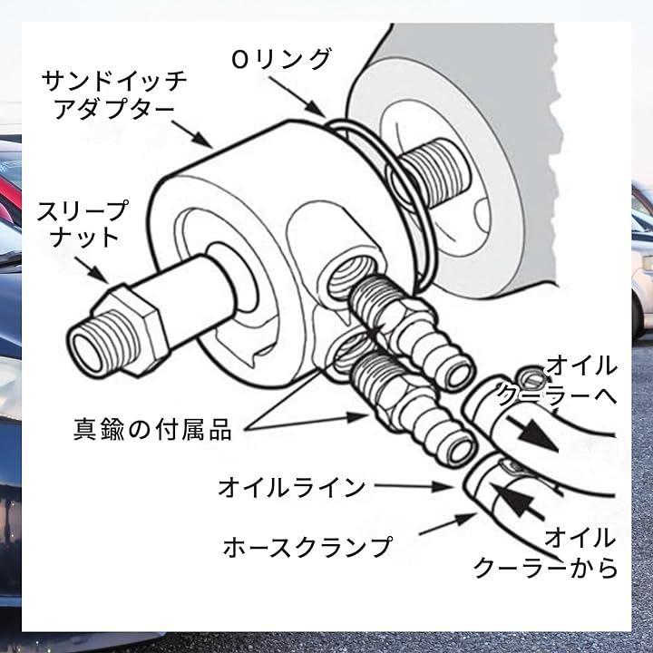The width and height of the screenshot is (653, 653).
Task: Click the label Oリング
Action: [281, 59]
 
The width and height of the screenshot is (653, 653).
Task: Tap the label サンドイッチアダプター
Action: [113, 95]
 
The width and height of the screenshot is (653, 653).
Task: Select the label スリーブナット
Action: [83, 224]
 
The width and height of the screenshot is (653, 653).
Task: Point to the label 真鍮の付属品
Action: [152, 429]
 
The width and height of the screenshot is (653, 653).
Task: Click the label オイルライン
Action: [291, 487]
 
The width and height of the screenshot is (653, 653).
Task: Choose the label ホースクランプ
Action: [307, 547]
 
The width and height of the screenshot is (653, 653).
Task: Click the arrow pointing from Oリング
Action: [297, 97]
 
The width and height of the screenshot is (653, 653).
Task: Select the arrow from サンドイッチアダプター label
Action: [192, 134]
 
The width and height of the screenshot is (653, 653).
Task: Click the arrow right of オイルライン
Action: [414, 486]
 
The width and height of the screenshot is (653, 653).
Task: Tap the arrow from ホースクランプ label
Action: [448, 524]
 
